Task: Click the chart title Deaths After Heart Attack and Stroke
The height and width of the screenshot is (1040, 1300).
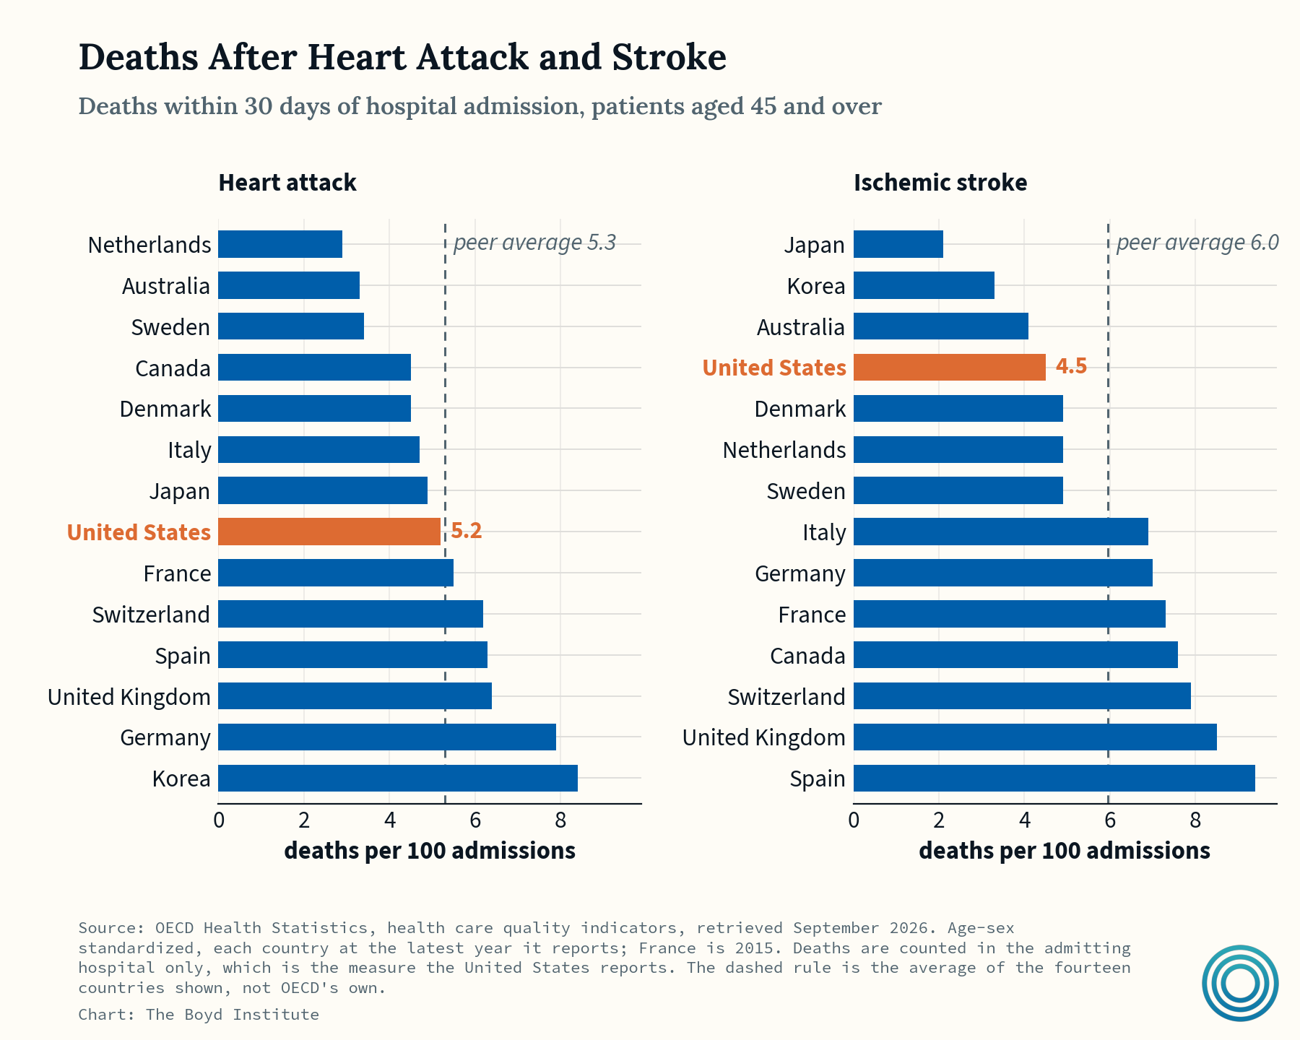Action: pyautogui.click(x=402, y=57)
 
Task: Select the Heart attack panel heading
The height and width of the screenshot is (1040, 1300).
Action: pyautogui.click(x=287, y=183)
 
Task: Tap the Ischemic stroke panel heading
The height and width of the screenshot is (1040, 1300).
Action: pyautogui.click(x=940, y=183)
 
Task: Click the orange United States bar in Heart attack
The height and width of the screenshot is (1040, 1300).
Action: pyautogui.click(x=329, y=532)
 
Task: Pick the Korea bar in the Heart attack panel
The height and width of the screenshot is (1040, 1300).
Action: pyautogui.click(x=398, y=779)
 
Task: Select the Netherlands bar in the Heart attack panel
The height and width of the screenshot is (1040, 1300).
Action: pyautogui.click(x=280, y=244)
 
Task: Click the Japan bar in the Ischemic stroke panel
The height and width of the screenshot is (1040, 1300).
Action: pyautogui.click(x=898, y=244)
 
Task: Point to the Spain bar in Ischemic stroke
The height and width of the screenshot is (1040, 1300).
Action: pyautogui.click(x=1054, y=779)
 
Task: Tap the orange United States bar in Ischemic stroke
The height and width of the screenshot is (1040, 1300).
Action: pyautogui.click(x=950, y=367)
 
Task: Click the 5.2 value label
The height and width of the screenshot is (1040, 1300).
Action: pyautogui.click(x=467, y=531)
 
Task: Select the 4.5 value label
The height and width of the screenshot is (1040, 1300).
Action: pyautogui.click(x=1072, y=366)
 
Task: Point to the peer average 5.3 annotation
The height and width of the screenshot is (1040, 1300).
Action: pyautogui.click(x=534, y=243)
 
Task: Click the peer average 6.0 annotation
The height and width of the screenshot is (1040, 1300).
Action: pyautogui.click(x=1197, y=243)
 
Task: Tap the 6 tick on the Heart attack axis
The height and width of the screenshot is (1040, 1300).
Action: pyautogui.click(x=475, y=820)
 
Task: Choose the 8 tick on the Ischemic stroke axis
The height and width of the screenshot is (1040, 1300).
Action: pyautogui.click(x=1195, y=820)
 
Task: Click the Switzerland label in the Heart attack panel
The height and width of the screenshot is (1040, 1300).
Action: pyautogui.click(x=151, y=615)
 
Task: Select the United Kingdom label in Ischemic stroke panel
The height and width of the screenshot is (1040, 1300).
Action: pyautogui.click(x=764, y=737)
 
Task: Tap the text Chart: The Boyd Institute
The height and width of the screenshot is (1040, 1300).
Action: pyautogui.click(x=199, y=1015)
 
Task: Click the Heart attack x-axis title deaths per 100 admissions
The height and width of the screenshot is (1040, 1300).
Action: pyautogui.click(x=430, y=851)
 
